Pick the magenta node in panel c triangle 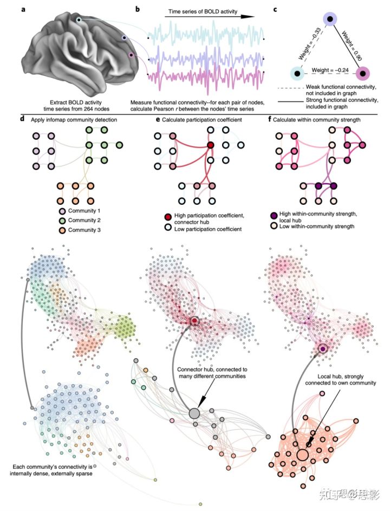click(362, 73)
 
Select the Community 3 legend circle click(61, 230)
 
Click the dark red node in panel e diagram click(210, 145)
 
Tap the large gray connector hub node click(194, 414)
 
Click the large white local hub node click(302, 454)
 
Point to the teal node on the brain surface click(79, 20)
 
